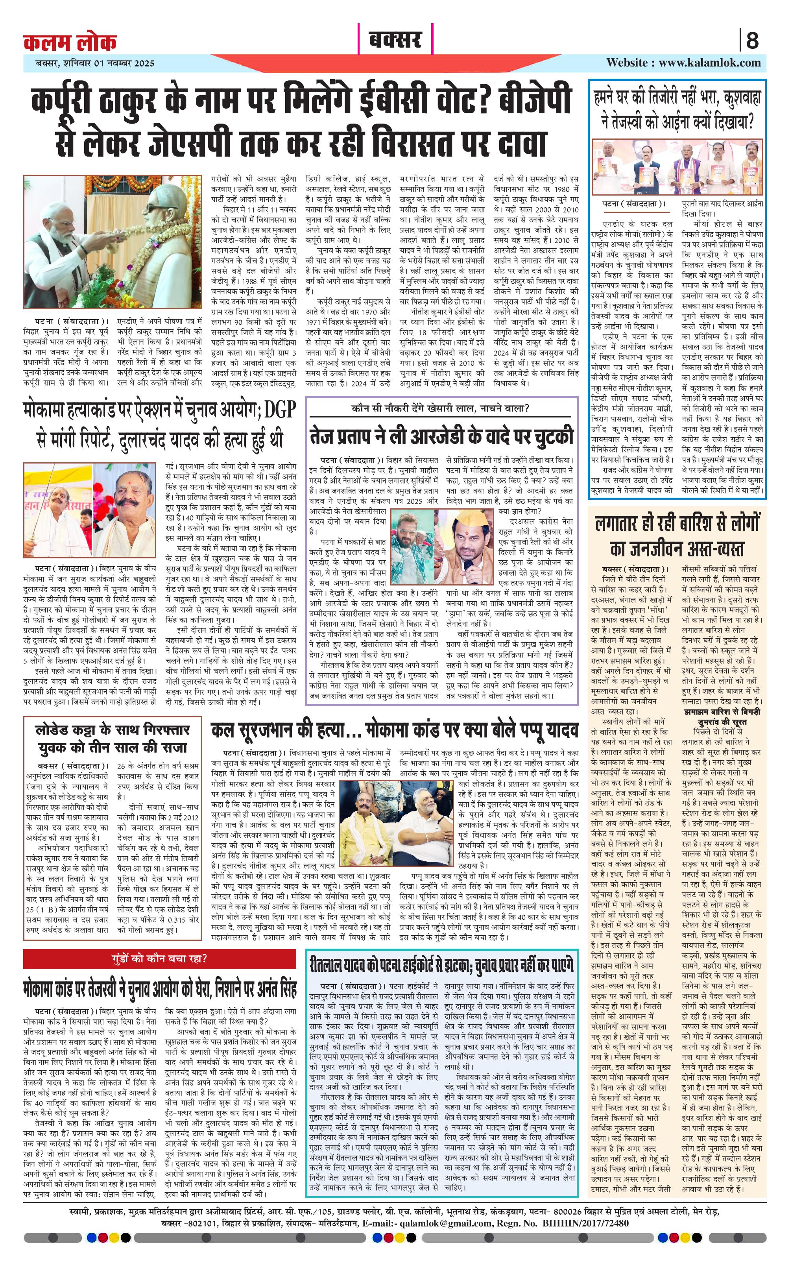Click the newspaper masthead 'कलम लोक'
[70, 42]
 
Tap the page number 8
[752, 40]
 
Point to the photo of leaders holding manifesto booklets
[677, 167]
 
